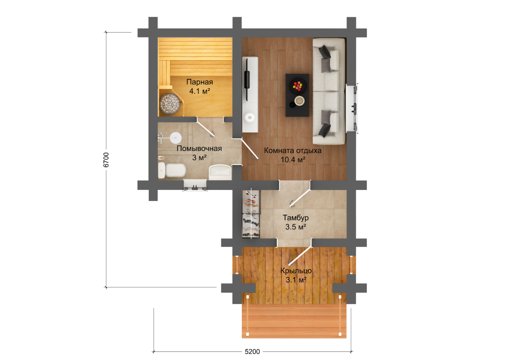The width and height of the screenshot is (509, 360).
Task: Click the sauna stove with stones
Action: click(171, 103)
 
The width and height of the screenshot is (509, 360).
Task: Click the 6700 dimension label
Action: click(106, 160)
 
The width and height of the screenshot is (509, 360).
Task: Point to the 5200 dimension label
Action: click(252, 352)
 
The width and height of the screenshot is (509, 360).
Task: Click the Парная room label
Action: click(199, 82)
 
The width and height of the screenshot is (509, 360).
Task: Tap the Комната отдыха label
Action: click(293, 151)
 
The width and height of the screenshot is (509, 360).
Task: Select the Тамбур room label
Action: click(296, 218)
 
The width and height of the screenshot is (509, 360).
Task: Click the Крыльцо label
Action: click(296, 271)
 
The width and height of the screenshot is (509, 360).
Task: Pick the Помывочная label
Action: click(199, 148)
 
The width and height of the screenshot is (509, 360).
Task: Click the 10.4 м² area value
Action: click(293, 160)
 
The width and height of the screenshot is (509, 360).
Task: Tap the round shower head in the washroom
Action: click(176, 138)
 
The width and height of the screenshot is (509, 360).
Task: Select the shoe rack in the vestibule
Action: click(251, 214)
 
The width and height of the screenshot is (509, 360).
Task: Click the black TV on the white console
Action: click(247, 79)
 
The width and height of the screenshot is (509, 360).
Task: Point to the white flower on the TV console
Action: click(249, 118)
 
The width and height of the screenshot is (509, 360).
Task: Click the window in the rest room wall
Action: click(351, 109)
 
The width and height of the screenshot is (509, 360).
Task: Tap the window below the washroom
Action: click(195, 185)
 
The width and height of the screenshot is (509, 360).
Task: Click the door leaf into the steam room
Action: click(205, 128)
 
